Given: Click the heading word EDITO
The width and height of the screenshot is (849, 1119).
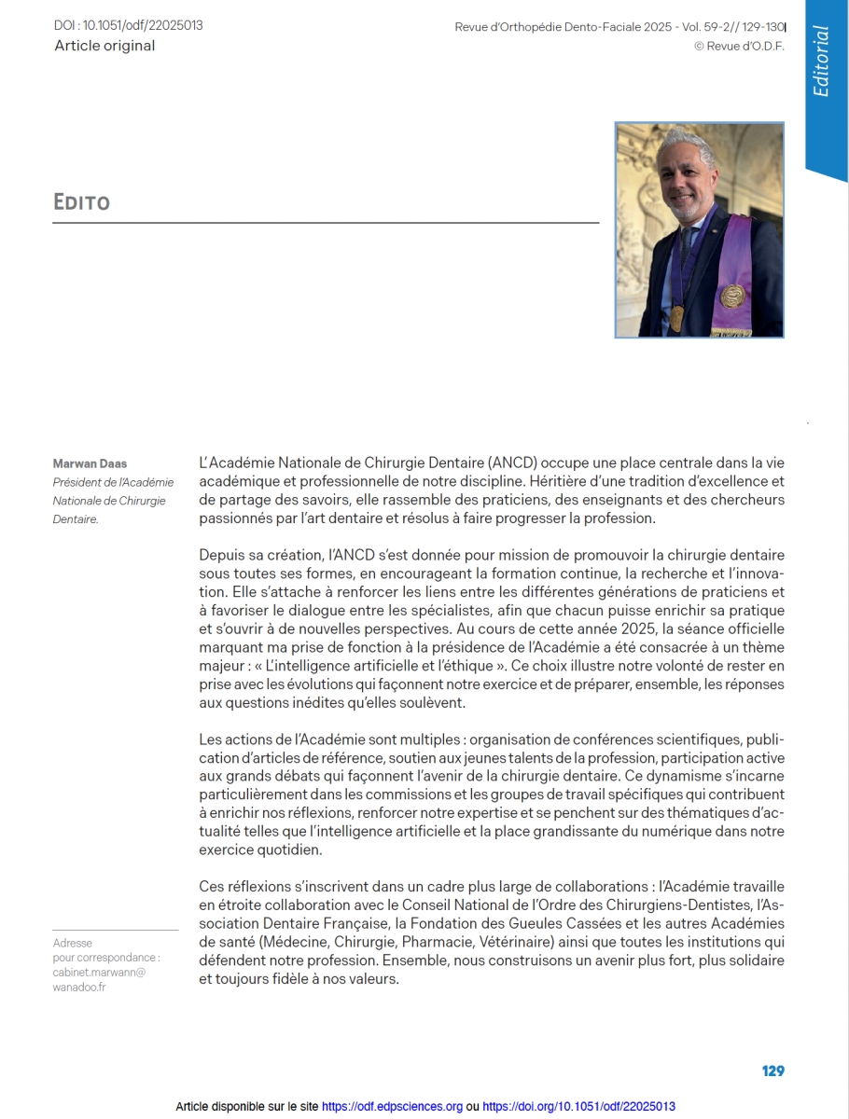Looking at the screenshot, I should click(x=82, y=201).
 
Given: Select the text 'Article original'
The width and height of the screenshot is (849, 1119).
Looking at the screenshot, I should click(x=104, y=46).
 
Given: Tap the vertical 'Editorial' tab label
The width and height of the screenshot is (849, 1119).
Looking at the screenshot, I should click(x=821, y=62).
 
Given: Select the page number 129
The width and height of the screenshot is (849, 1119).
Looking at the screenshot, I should click(x=772, y=1071).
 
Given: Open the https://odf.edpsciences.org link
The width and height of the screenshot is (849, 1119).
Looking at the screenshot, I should click(x=392, y=1107).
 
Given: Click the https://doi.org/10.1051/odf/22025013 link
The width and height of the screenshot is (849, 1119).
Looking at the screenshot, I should click(x=578, y=1107).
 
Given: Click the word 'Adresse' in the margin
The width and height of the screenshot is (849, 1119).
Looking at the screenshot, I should click(x=73, y=943).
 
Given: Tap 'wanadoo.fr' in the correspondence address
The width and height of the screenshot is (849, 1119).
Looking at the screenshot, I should click(x=79, y=988).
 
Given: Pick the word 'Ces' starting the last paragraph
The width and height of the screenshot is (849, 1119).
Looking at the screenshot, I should click(x=212, y=886).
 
